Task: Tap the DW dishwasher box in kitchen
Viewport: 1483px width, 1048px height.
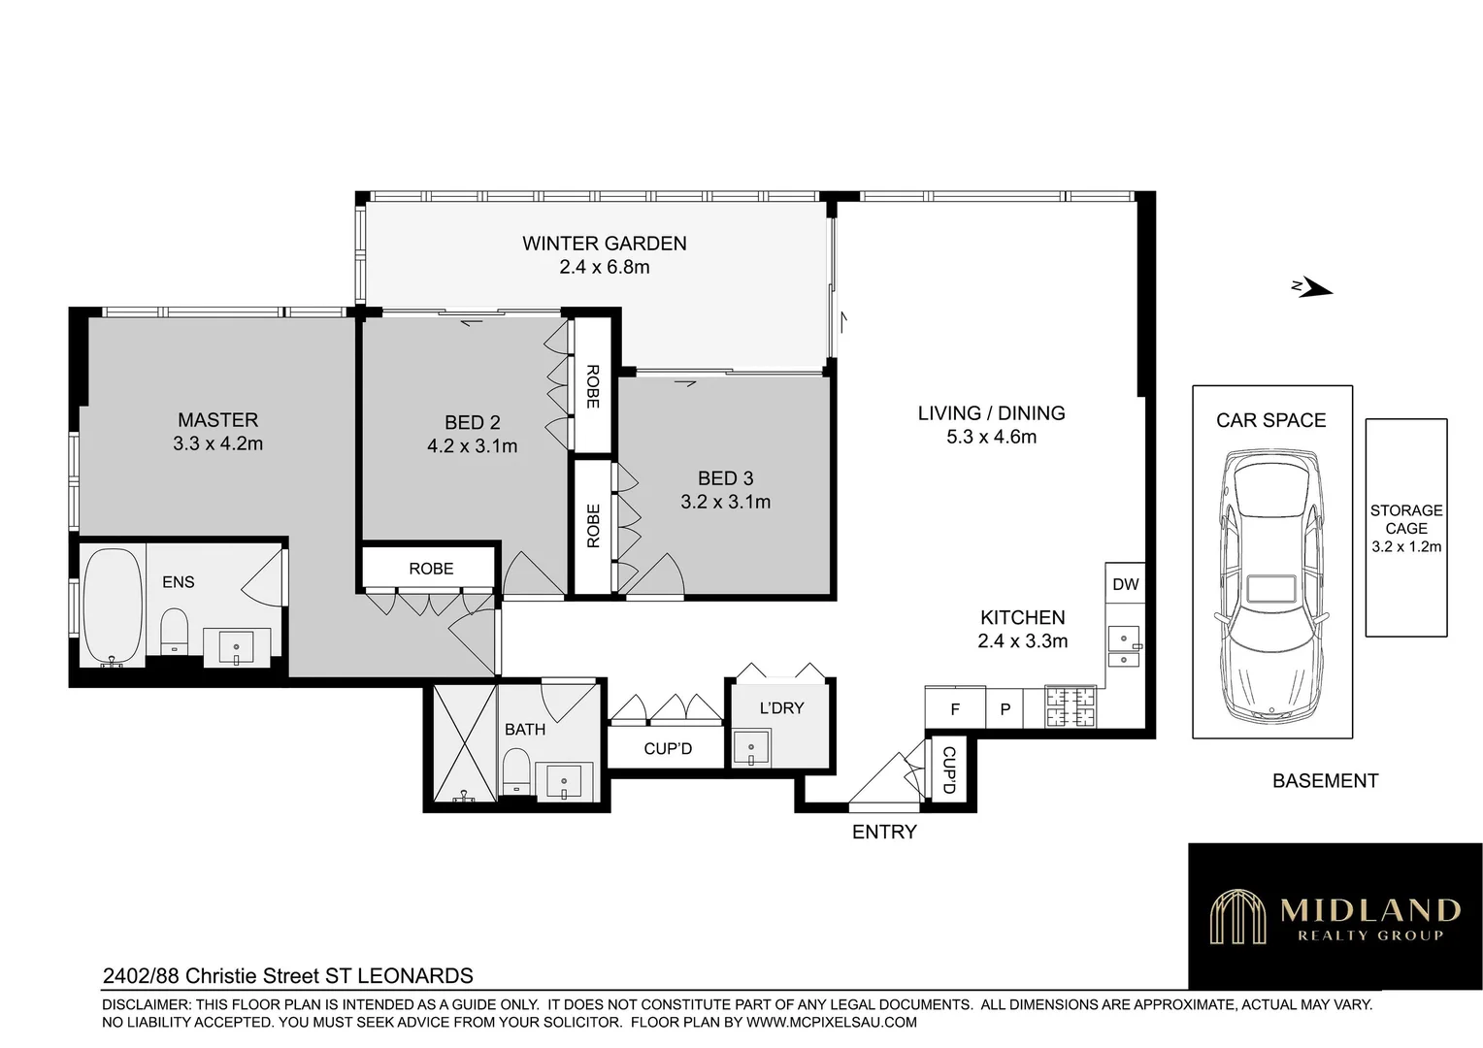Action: (x=1125, y=584)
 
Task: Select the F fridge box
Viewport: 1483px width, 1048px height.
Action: (x=955, y=709)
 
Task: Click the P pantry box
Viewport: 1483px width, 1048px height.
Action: (x=1005, y=709)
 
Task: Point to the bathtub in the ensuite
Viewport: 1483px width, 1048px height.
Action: (x=113, y=606)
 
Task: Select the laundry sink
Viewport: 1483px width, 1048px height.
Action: (x=750, y=748)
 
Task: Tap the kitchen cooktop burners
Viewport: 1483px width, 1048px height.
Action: (x=1070, y=706)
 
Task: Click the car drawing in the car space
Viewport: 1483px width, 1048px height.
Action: (x=1271, y=586)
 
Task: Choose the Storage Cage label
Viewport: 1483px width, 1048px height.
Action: (x=1406, y=519)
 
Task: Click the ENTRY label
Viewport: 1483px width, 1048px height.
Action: (x=883, y=832)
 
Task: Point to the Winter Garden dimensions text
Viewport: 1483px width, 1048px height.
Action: (x=604, y=267)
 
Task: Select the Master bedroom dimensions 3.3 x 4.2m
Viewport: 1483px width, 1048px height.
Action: (x=217, y=443)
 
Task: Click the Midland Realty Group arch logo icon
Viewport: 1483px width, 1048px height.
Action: (x=1237, y=917)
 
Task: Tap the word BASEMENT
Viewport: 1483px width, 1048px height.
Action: (x=1325, y=781)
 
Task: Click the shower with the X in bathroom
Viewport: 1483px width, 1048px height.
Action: (x=464, y=743)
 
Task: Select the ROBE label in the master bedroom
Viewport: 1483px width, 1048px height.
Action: (x=430, y=569)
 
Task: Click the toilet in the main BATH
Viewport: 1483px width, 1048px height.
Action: (x=516, y=775)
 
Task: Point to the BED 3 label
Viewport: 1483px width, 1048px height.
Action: (x=725, y=477)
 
